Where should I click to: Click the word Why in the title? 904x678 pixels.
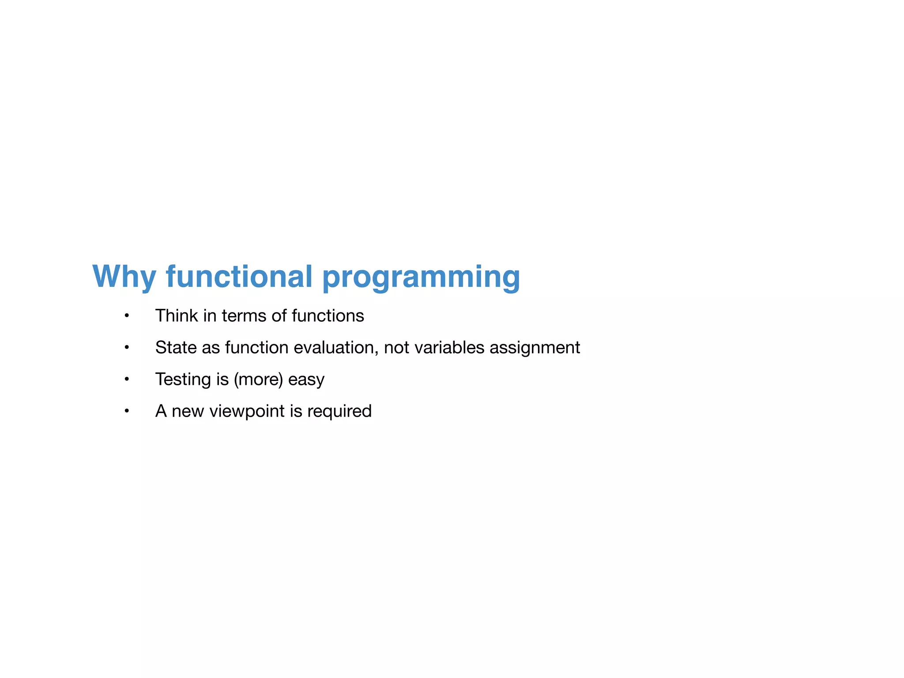pos(124,277)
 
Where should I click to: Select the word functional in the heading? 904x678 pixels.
pos(239,277)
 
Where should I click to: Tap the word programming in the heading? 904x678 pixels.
pos(421,277)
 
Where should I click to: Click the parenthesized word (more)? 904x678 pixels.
pos(258,380)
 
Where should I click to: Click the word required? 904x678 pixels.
pos(339,411)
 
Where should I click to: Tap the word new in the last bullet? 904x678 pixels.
pos(188,411)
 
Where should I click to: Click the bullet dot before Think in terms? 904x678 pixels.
pos(127,316)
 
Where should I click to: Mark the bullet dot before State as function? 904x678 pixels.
pos(127,348)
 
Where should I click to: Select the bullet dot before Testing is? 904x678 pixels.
pos(127,380)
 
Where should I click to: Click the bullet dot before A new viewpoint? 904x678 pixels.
pos(127,411)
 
